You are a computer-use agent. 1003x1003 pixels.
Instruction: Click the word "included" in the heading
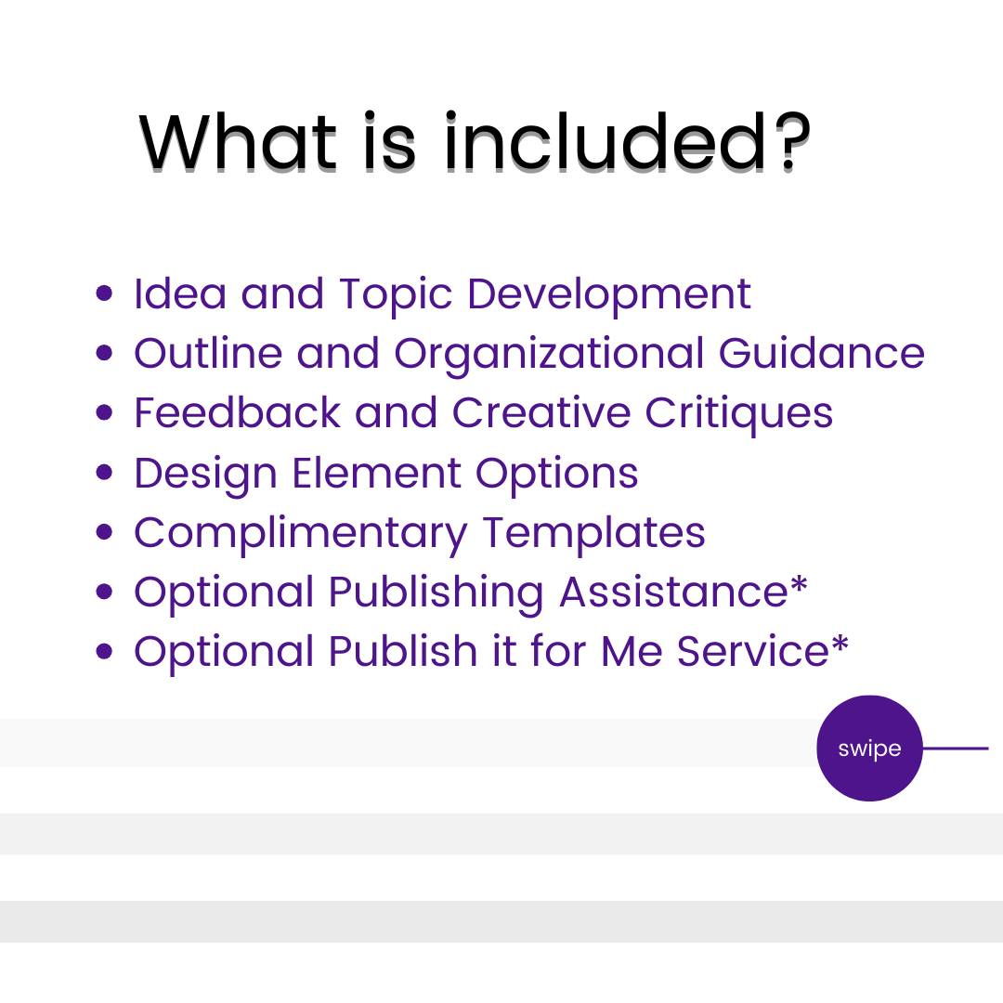pyautogui.click(x=605, y=141)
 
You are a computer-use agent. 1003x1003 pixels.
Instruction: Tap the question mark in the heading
pyautogui.click(x=793, y=141)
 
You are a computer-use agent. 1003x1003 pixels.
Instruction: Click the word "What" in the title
pyautogui.click(x=238, y=141)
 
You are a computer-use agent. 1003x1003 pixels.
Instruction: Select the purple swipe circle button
pyautogui.click(x=869, y=748)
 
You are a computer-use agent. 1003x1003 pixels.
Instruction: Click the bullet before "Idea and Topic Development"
pyautogui.click(x=104, y=293)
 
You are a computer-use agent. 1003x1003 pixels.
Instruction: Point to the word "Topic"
pyautogui.click(x=396, y=296)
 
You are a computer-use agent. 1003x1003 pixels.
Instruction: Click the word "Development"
pyautogui.click(x=608, y=296)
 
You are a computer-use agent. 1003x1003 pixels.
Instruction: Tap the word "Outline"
pyautogui.click(x=208, y=353)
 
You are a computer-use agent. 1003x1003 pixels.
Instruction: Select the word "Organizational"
pyautogui.click(x=549, y=356)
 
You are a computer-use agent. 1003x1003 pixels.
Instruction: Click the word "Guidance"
pyautogui.click(x=821, y=353)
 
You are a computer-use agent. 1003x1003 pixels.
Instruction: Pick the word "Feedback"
pyautogui.click(x=238, y=412)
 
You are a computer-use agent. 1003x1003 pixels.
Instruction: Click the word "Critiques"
pyautogui.click(x=738, y=415)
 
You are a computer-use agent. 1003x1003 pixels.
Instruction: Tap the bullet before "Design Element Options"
pyautogui.click(x=104, y=472)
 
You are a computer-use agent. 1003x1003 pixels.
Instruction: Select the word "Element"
pyautogui.click(x=376, y=474)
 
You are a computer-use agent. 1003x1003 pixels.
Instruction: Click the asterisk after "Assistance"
pyautogui.click(x=799, y=585)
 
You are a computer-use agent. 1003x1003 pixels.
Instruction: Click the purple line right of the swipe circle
pyautogui.click(x=956, y=748)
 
